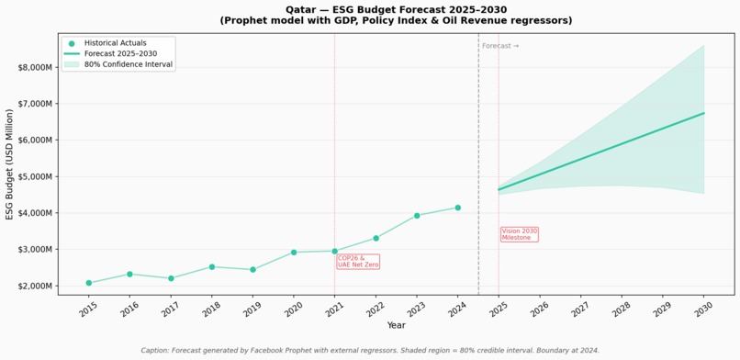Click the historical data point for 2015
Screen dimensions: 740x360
coord(89,283)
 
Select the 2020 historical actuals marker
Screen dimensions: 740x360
coord(294,253)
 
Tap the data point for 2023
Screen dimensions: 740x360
coord(417,216)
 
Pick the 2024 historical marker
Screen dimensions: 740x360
coord(458,208)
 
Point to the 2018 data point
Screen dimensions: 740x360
coord(212,267)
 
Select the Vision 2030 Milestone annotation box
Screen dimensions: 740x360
coord(520,234)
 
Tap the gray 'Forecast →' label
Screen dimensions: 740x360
coord(500,46)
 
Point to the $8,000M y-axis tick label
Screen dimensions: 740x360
coord(35,67)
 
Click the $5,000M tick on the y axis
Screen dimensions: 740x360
coord(35,176)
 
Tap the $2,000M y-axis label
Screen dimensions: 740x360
coord(35,286)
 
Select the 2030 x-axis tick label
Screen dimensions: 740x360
coord(701,309)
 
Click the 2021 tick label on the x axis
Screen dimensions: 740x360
coord(332,309)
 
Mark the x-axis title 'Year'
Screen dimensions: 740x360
coord(396,325)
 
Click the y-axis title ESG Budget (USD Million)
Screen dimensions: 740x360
coord(9,164)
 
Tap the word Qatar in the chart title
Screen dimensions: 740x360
coord(298,9)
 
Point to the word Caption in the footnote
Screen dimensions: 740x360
coord(154,351)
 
